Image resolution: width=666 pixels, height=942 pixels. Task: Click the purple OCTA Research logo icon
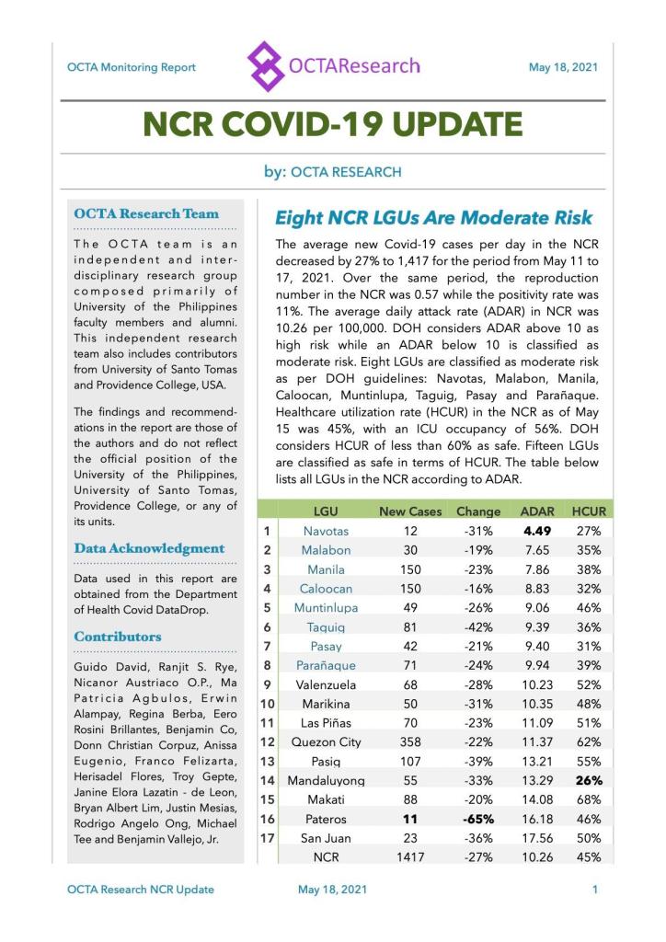[265, 66]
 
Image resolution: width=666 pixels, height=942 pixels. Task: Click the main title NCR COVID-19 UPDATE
[333, 123]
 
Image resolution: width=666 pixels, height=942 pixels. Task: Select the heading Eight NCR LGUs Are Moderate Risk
[434, 218]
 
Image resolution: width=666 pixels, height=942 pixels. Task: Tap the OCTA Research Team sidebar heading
[146, 214]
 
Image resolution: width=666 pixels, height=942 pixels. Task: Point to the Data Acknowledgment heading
[149, 548]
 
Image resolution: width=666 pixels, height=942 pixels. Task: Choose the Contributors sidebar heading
[118, 637]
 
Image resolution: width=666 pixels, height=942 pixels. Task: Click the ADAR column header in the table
[537, 511]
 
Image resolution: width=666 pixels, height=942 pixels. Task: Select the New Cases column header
[410, 511]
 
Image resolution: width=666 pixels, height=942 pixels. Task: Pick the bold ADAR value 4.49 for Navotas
[537, 531]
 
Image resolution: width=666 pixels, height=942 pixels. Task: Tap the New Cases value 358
[410, 741]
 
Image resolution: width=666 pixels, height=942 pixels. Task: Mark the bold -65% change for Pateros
[478, 819]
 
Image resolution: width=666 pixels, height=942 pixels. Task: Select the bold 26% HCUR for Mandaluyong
[589, 780]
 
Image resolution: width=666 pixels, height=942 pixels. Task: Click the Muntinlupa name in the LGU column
[326, 607]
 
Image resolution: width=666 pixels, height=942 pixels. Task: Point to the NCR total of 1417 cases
[410, 857]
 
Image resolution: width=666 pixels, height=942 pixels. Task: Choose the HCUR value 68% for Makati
[589, 799]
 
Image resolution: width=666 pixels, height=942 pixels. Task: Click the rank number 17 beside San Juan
[266, 838]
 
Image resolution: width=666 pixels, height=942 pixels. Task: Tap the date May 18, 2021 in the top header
[563, 67]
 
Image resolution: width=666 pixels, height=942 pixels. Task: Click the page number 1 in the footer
[595, 890]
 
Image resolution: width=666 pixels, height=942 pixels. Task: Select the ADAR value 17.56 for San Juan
[537, 838]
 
